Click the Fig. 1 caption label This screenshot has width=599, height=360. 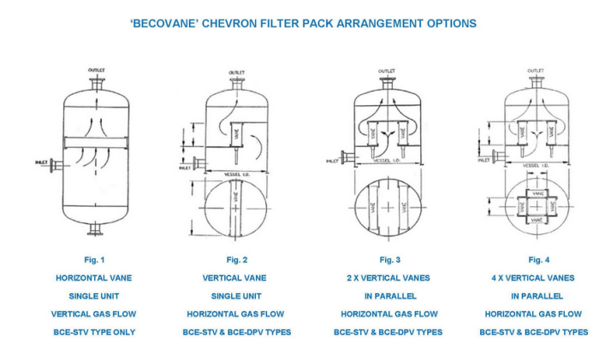[x=93, y=259]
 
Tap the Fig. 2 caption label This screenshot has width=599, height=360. [x=236, y=259]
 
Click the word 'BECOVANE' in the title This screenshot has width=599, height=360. [x=161, y=23]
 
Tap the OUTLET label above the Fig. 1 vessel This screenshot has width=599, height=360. [x=96, y=70]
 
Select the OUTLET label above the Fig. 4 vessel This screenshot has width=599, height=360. [x=536, y=70]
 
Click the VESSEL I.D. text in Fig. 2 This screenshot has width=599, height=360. [x=237, y=172]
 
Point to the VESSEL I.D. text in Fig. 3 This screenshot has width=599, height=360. [x=388, y=162]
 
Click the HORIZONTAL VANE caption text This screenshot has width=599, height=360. [x=93, y=278]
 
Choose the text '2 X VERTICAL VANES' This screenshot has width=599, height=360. [x=388, y=278]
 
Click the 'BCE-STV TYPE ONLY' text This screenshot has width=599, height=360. [x=93, y=332]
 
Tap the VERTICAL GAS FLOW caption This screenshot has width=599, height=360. [x=93, y=314]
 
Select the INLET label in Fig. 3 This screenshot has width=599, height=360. [x=332, y=160]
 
